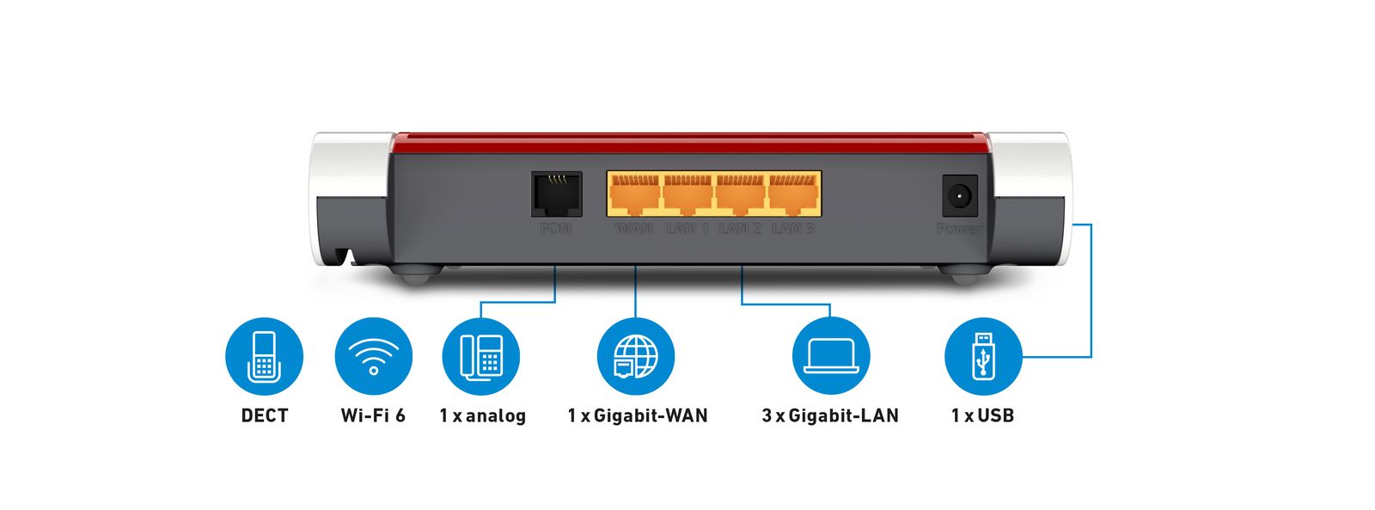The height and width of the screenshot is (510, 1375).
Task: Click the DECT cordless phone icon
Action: [x=264, y=356]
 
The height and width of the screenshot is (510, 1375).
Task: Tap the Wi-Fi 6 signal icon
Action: [x=373, y=356]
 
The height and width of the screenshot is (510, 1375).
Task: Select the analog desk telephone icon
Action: [x=481, y=356]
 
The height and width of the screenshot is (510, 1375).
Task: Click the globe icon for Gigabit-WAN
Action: [x=635, y=356]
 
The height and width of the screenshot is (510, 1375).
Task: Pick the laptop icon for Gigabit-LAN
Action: [x=831, y=356]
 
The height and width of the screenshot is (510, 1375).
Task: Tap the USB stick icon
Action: [x=983, y=356]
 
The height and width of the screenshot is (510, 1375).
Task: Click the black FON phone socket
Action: [x=555, y=194]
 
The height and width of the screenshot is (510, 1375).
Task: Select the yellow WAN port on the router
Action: [x=634, y=195]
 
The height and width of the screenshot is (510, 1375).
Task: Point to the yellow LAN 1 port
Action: [x=687, y=195]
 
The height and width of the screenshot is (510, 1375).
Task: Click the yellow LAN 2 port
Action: [x=741, y=195]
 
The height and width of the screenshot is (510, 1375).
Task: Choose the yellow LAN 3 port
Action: [x=793, y=195]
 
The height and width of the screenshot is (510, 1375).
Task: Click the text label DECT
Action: [x=264, y=415]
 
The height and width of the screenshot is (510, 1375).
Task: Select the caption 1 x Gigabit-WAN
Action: [x=637, y=415]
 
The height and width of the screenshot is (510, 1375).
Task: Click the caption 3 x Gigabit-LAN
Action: [x=829, y=415]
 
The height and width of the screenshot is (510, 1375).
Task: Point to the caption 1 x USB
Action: [x=982, y=415]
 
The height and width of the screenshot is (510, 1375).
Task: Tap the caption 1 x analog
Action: [x=482, y=415]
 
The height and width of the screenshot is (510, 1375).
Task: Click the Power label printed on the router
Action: [x=959, y=229]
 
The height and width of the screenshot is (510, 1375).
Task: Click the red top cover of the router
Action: [x=687, y=141]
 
